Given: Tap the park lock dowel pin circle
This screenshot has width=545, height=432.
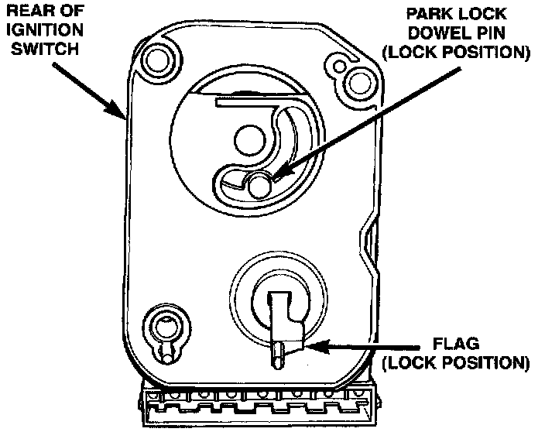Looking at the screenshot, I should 260,184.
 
